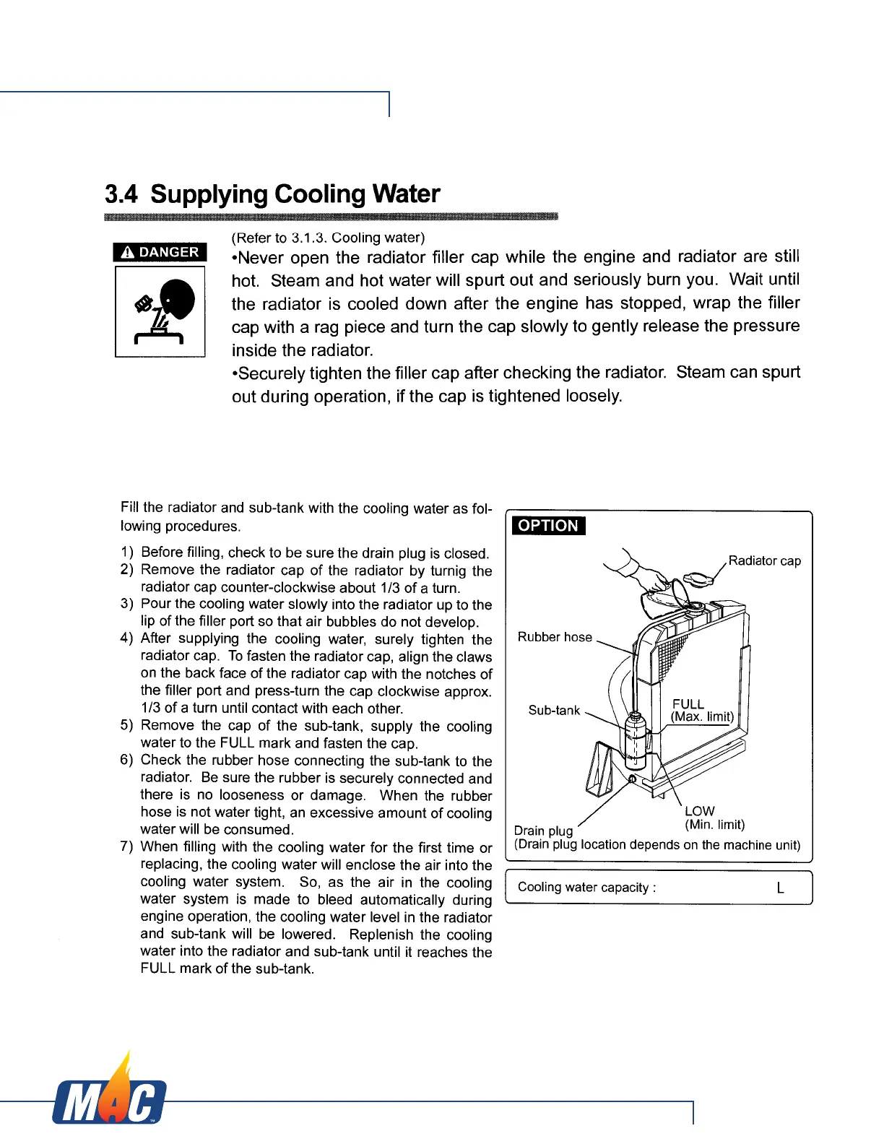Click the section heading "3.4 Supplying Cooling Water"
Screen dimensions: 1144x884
272,194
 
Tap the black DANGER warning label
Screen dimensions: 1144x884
160,252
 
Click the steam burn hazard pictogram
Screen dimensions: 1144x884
160,312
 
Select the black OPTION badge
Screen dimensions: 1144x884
548,526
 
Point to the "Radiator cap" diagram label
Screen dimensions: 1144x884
764,561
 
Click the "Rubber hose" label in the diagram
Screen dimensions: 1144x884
555,637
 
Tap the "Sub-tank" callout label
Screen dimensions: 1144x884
554,711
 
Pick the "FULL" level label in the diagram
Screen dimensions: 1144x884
688,704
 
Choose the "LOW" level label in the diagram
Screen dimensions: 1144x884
699,811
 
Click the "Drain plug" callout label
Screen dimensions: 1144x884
543,831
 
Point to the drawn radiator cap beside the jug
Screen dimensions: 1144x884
698,580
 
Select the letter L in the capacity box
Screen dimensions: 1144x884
780,888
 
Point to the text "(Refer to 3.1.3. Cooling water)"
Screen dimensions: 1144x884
328,238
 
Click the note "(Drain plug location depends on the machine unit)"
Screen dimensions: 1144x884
657,845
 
